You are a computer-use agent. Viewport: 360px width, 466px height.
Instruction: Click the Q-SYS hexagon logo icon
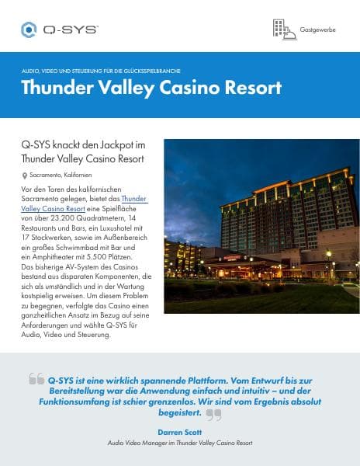tap(29, 30)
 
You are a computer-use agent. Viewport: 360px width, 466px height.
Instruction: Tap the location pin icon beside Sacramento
tap(25, 176)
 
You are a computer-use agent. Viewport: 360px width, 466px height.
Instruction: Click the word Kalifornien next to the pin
tap(78, 176)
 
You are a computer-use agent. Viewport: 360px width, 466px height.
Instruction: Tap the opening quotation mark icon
tap(36, 378)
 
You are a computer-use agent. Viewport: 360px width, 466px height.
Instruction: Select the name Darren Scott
tap(180, 430)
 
